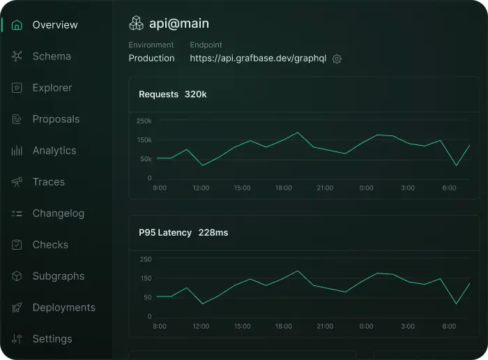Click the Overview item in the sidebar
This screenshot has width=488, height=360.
(54, 25)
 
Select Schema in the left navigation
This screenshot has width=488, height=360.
(51, 57)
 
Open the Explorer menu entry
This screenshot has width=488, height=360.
(52, 88)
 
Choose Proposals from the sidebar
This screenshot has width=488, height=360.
(56, 119)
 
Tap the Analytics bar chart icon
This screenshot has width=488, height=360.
(17, 151)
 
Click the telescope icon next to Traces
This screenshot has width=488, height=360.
(17, 182)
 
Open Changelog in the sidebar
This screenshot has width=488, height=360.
(58, 213)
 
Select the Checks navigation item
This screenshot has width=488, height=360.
(50, 245)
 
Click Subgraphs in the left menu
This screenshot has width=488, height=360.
(58, 276)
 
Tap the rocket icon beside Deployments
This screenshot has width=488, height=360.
(17, 308)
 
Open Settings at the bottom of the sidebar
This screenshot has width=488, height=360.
(52, 339)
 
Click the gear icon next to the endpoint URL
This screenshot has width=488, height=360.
(337, 59)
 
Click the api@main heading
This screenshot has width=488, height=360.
(178, 24)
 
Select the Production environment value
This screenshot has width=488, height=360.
(151, 59)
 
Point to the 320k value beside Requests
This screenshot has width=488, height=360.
(195, 94)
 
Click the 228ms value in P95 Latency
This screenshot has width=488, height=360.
(213, 232)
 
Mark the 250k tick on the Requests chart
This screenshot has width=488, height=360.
(144, 121)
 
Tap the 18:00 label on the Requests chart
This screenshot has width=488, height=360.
(283, 188)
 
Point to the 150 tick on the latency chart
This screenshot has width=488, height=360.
(145, 278)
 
